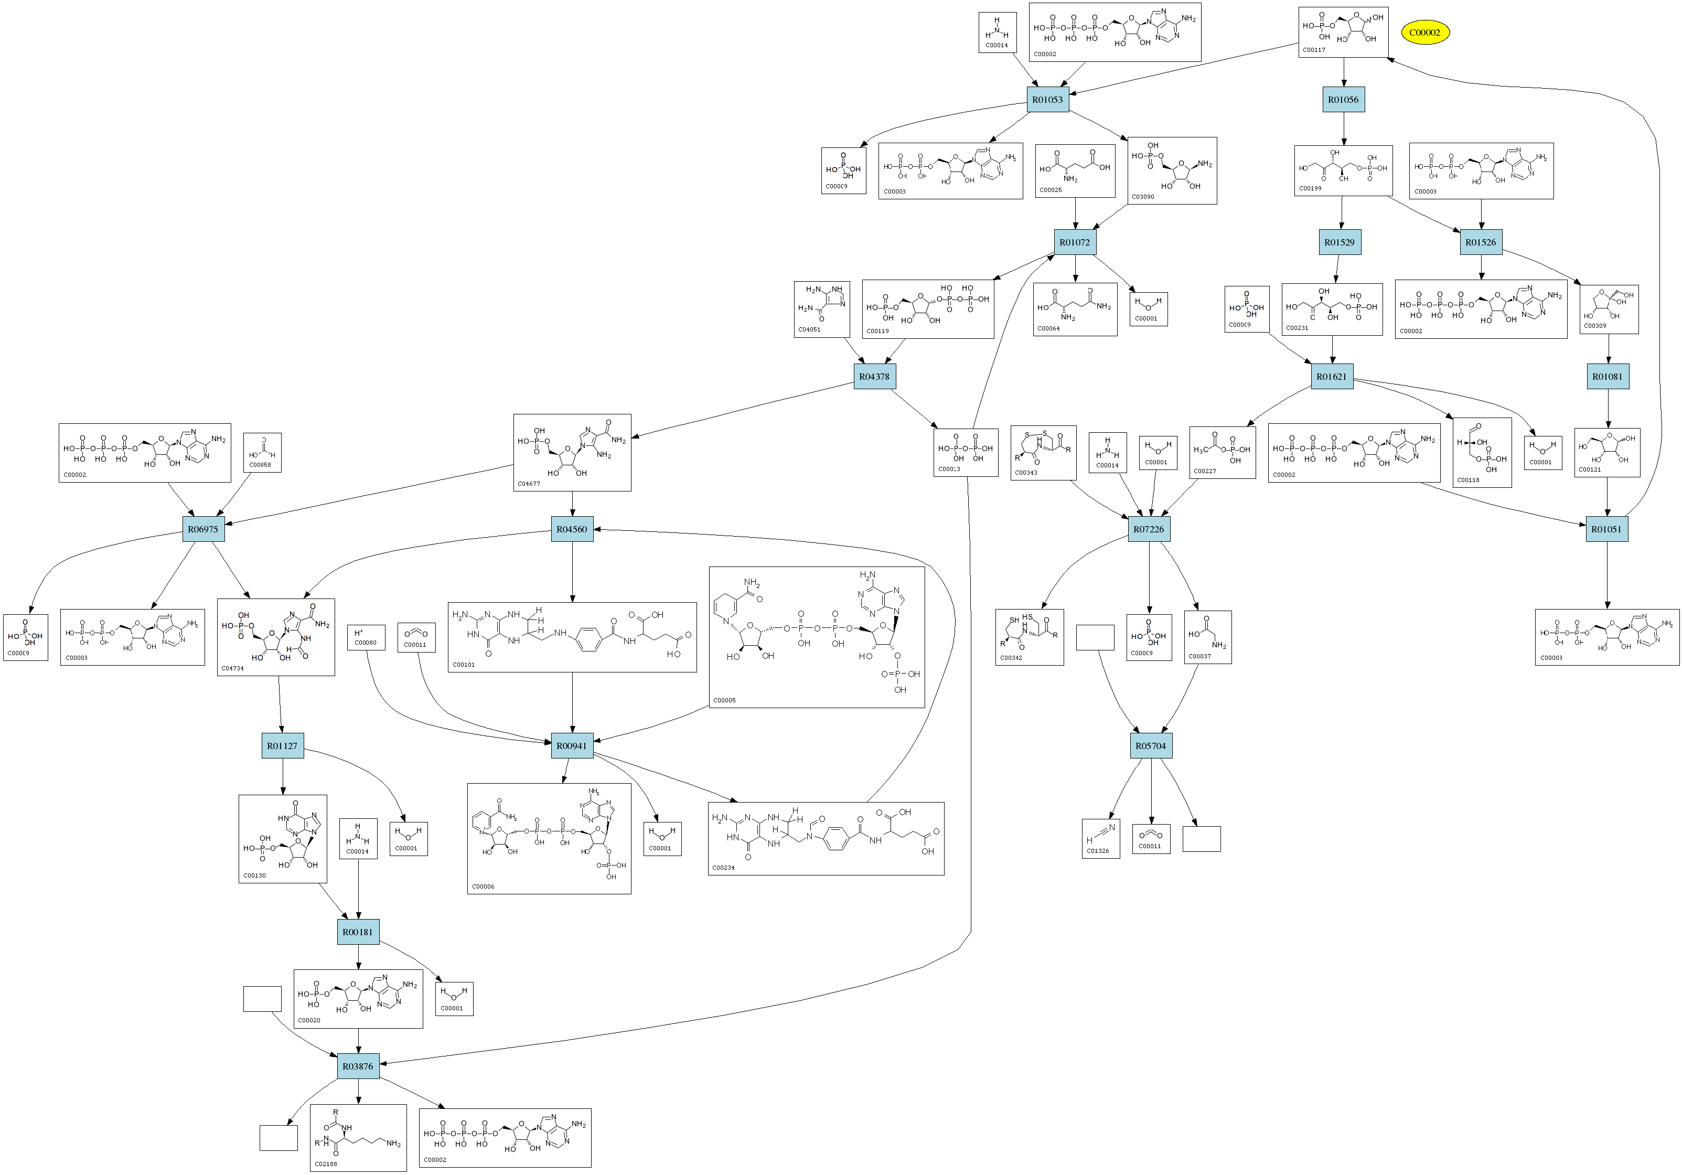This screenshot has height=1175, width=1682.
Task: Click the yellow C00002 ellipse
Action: [1425, 32]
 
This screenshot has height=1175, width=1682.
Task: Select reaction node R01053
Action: [1047, 100]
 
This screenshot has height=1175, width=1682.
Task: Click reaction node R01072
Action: [1075, 242]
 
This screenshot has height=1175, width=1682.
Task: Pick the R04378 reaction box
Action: [874, 377]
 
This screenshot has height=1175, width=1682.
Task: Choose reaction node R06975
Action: [203, 529]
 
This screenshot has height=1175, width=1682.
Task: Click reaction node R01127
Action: [282, 746]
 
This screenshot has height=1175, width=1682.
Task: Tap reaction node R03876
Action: [358, 1066]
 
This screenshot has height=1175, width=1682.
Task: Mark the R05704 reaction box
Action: [1150, 746]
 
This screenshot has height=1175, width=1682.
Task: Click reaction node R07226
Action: [1148, 529]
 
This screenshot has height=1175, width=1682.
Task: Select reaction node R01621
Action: [1331, 377]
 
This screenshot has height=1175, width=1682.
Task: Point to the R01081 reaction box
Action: [1608, 377]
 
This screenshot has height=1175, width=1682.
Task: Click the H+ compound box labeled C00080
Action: [366, 637]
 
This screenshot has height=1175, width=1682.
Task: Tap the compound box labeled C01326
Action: [1100, 838]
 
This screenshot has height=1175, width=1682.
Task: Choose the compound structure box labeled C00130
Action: [283, 839]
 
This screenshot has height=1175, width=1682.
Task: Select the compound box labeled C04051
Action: [822, 309]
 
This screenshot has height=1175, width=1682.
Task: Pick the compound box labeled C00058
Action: [262, 452]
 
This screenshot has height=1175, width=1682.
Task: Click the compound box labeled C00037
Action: [1207, 637]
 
